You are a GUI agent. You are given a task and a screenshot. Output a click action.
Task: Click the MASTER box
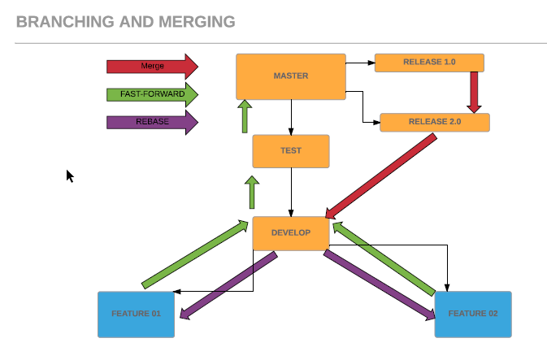click(290, 76)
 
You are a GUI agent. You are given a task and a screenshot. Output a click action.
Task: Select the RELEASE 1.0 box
click(429, 63)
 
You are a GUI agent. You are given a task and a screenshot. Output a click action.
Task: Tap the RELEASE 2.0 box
click(434, 122)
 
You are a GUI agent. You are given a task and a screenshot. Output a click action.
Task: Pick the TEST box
click(290, 151)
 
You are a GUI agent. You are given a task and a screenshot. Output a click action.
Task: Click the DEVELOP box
click(290, 233)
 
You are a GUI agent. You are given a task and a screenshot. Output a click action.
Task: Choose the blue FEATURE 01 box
click(136, 314)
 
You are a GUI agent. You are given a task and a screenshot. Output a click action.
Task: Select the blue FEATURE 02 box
click(472, 314)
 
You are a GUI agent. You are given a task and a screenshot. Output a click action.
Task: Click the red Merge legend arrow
click(151, 66)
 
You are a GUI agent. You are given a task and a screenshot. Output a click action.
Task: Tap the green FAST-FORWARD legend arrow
click(151, 94)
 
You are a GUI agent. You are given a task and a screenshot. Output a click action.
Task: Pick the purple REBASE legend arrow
click(151, 123)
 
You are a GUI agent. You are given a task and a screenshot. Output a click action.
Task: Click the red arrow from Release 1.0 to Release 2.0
click(475, 92)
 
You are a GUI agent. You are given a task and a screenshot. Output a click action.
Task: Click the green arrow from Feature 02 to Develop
click(385, 258)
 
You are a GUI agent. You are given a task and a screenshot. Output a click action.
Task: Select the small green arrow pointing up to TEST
click(252, 193)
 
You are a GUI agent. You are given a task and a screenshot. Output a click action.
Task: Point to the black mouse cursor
click(70, 176)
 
